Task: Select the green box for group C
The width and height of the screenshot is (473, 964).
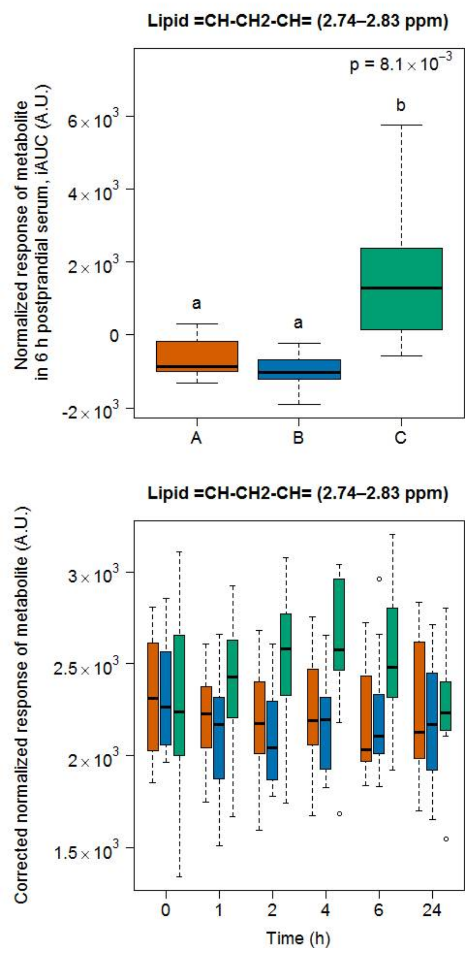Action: click(401, 289)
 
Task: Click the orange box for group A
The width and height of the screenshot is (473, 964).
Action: click(197, 356)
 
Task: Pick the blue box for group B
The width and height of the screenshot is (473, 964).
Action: click(299, 369)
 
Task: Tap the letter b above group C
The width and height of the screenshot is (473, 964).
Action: click(401, 105)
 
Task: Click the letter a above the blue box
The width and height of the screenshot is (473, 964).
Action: click(298, 323)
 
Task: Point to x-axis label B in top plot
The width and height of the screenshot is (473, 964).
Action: click(298, 437)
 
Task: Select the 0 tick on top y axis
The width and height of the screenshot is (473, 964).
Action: click(113, 335)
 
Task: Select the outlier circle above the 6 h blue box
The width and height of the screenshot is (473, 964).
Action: click(379, 579)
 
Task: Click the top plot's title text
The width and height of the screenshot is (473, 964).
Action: click(298, 21)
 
